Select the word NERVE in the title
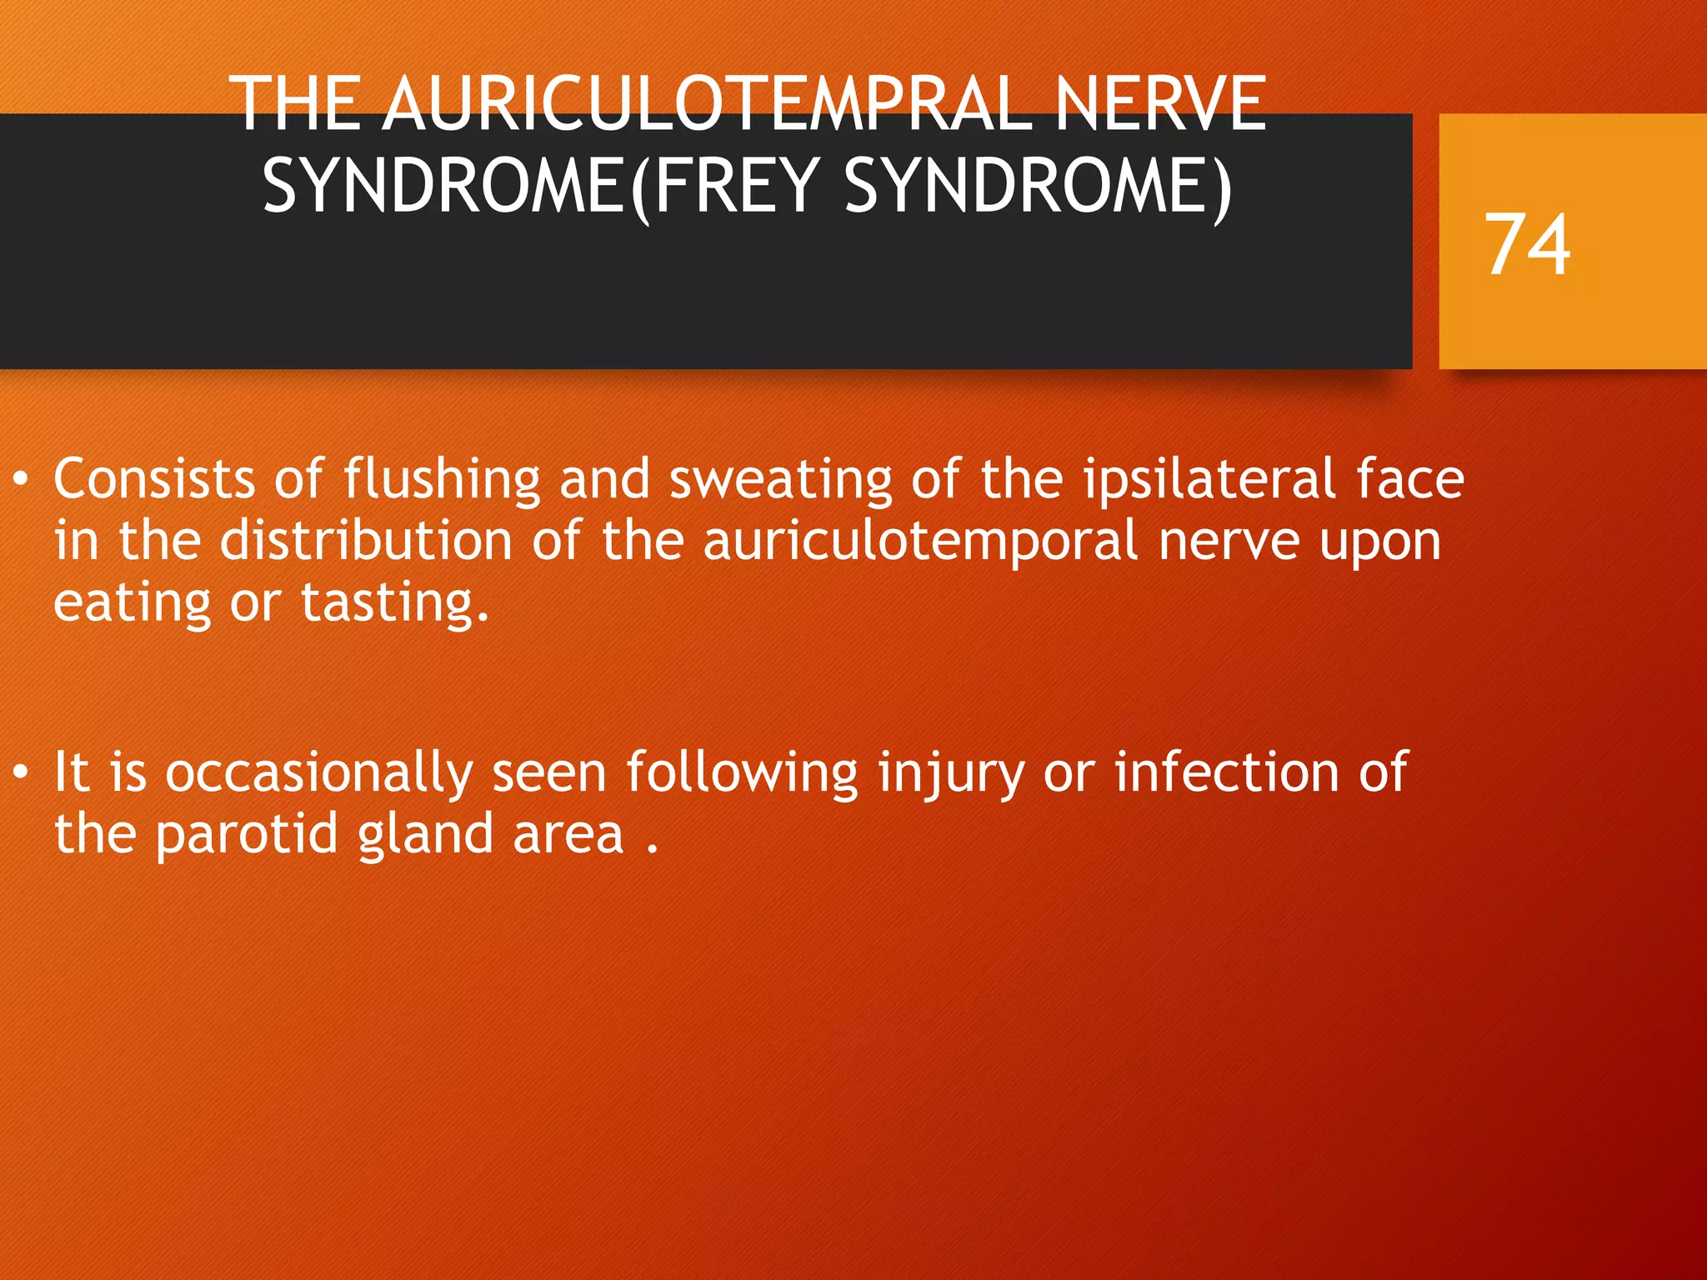[x=1160, y=104]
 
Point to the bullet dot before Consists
[x=22, y=479]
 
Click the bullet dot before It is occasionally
[x=22, y=772]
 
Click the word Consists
[x=154, y=479]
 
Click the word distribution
[x=366, y=541]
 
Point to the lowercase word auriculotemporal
[x=920, y=542]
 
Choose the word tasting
[x=394, y=603]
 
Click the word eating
[x=133, y=603]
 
